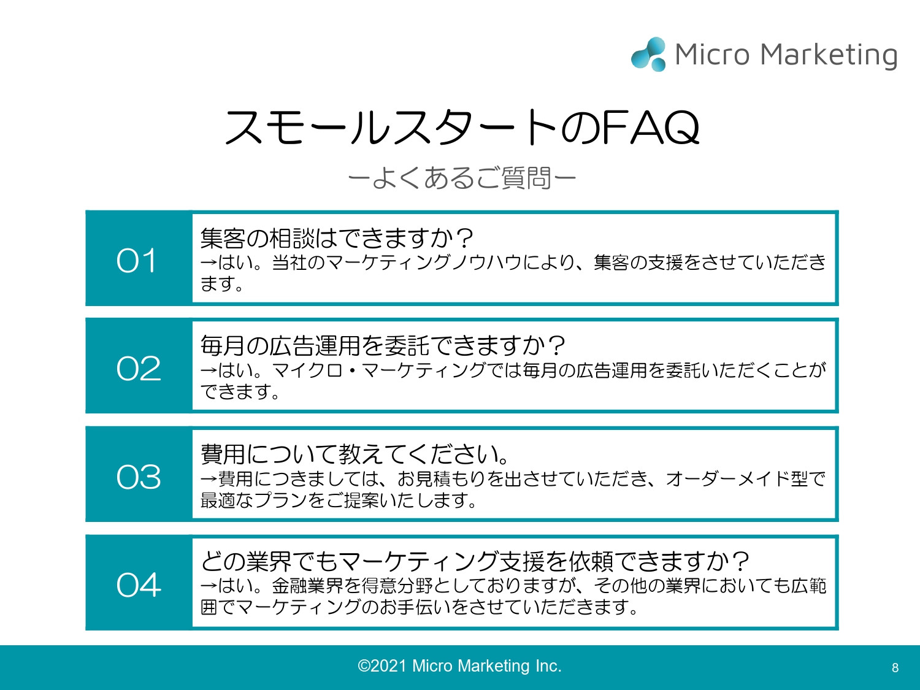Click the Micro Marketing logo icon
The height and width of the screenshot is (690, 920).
click(x=648, y=55)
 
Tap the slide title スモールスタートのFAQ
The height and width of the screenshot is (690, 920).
click(x=462, y=128)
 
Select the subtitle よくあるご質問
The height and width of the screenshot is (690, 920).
click(x=461, y=178)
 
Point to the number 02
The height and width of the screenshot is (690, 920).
click(x=139, y=369)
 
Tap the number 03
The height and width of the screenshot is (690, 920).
click(x=139, y=477)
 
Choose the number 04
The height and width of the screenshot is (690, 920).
click(x=139, y=585)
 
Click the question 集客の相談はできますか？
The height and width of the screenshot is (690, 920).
click(x=337, y=237)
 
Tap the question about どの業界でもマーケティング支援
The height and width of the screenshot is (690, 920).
click(x=475, y=561)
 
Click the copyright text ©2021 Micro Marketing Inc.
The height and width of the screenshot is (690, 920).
click(x=459, y=666)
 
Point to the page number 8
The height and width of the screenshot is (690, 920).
click(x=895, y=668)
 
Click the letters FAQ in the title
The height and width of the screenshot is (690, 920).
click(x=650, y=128)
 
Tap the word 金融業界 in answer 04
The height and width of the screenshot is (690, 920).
click(x=307, y=586)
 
